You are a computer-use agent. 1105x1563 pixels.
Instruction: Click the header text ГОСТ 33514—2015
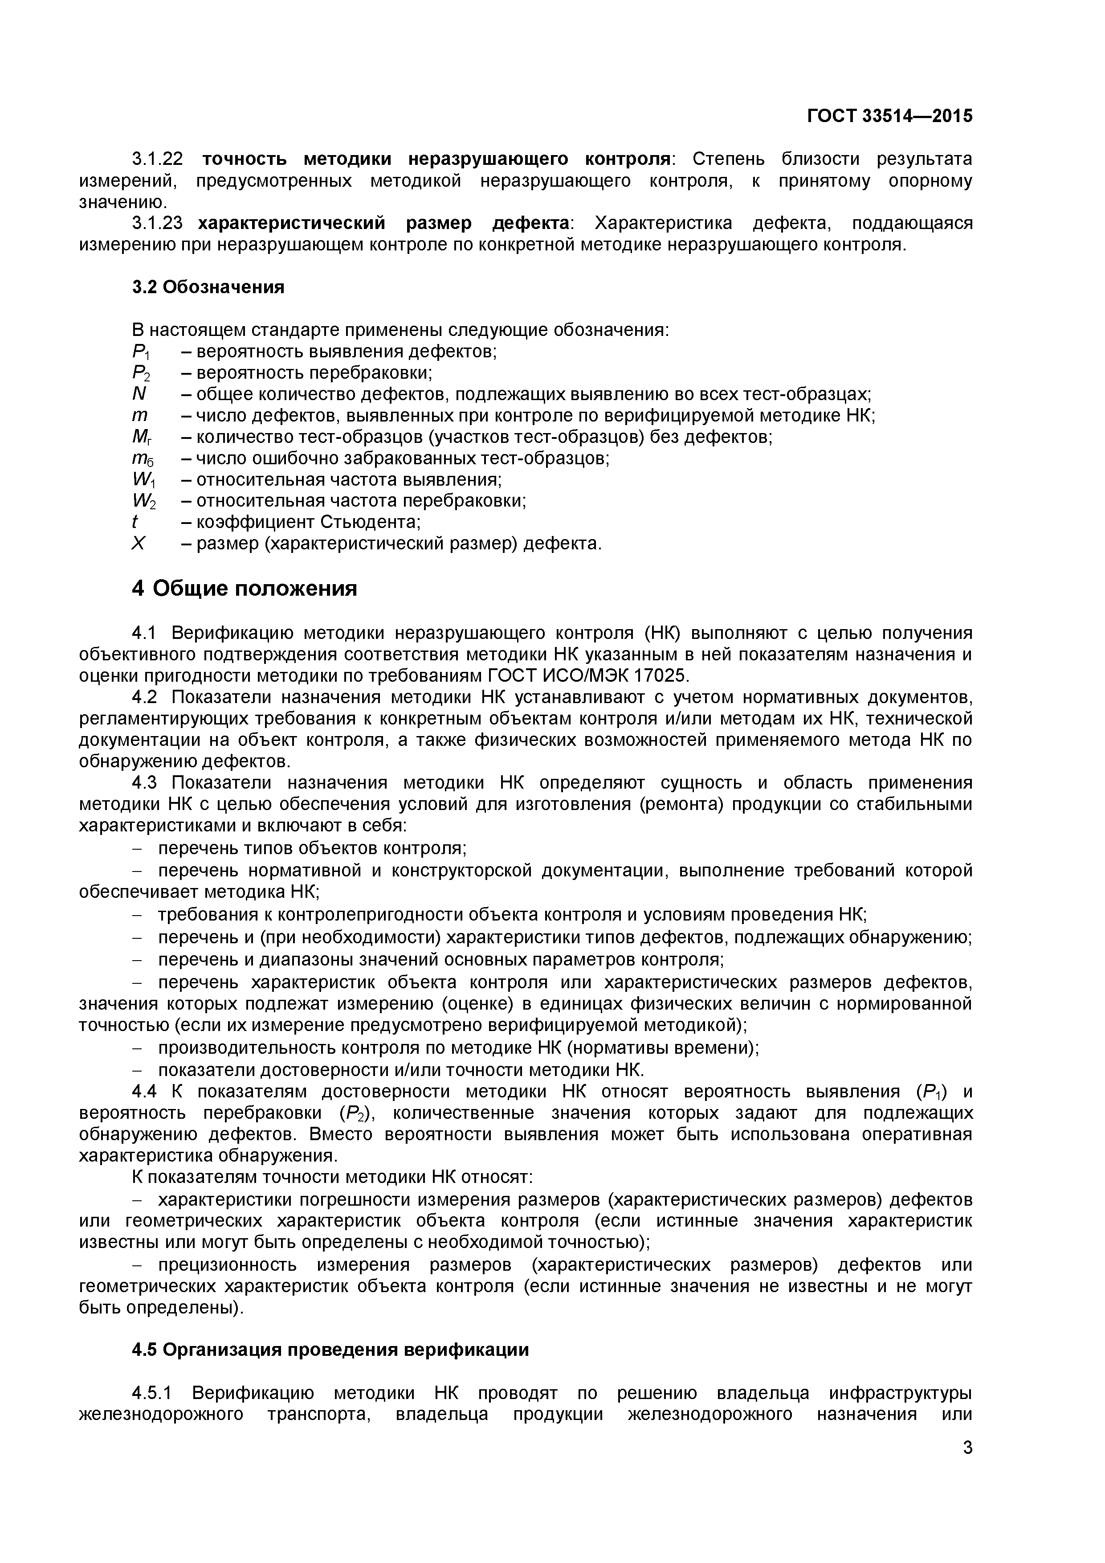889,116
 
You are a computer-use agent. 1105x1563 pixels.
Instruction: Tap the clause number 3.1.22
157,160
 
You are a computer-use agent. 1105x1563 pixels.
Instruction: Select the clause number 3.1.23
157,223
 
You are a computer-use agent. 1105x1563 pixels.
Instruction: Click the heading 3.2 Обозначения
208,287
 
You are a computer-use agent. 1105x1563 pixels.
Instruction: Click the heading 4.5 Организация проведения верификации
330,1350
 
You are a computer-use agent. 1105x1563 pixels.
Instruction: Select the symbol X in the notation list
138,544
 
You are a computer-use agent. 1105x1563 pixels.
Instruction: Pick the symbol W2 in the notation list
143,501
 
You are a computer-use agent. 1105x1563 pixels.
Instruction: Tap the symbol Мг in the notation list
142,437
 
